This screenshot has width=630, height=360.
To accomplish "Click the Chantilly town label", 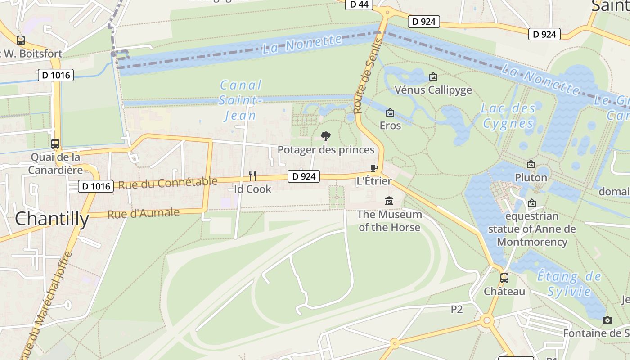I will pyautogui.click(x=52, y=219).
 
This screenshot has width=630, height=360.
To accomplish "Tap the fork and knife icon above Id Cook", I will pyautogui.click(x=252, y=176).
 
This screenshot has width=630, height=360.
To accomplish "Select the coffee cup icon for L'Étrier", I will pyautogui.click(x=373, y=168).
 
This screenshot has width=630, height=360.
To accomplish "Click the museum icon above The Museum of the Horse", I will pyautogui.click(x=389, y=201).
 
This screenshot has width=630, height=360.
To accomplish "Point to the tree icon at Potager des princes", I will pyautogui.click(x=325, y=136).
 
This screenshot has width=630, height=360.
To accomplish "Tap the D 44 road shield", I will pyautogui.click(x=359, y=4).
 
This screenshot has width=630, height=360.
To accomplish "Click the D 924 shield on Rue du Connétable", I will pyautogui.click(x=304, y=176).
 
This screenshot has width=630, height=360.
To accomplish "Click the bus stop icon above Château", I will pyautogui.click(x=504, y=278).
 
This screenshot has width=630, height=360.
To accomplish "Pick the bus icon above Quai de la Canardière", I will pyautogui.click(x=55, y=144).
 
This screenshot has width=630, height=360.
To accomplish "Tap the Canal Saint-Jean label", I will pyautogui.click(x=241, y=100).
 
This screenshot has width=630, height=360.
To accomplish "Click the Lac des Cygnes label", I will pyautogui.click(x=508, y=116).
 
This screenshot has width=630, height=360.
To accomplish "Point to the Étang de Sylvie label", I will pyautogui.click(x=569, y=283).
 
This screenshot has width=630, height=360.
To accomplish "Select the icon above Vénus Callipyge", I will pyautogui.click(x=433, y=76).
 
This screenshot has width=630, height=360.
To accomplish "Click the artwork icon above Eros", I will pyautogui.click(x=390, y=112).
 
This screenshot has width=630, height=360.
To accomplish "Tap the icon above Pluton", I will pyautogui.click(x=531, y=164).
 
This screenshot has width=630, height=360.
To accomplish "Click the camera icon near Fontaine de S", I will pyautogui.click(x=607, y=320).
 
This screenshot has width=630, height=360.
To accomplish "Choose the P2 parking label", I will pyautogui.click(x=457, y=309).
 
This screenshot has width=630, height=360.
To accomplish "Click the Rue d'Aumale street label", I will pyautogui.click(x=144, y=213).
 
